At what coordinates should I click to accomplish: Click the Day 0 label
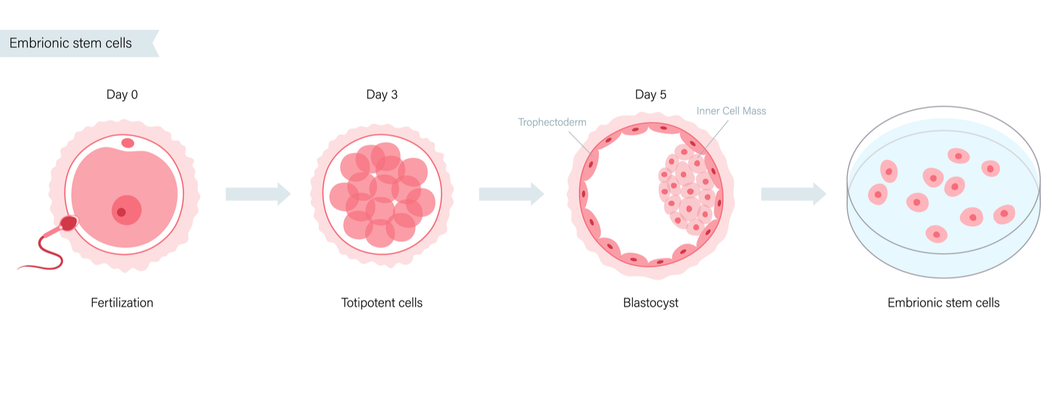(x=122, y=94)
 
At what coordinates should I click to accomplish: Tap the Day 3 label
(x=382, y=94)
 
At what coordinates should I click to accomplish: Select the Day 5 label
(x=650, y=94)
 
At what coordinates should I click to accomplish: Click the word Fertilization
(x=122, y=303)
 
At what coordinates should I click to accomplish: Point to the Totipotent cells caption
(x=382, y=303)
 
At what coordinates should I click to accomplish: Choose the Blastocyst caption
(x=650, y=303)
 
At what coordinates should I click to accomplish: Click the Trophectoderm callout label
(x=552, y=122)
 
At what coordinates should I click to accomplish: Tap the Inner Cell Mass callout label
(x=731, y=111)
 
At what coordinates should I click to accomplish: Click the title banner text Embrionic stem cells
(x=70, y=43)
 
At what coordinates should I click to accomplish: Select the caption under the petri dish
(x=944, y=303)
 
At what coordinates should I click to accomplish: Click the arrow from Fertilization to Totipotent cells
(x=258, y=194)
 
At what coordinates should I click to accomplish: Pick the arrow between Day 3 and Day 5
(x=512, y=194)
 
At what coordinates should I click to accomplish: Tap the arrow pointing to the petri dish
(x=794, y=194)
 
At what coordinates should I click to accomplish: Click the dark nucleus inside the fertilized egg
(x=122, y=212)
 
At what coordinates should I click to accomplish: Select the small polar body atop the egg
(x=128, y=143)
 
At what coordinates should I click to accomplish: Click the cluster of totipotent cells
(x=382, y=195)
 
